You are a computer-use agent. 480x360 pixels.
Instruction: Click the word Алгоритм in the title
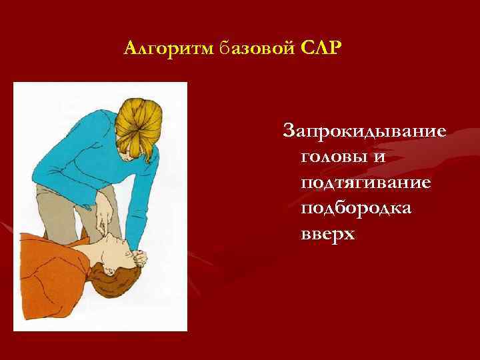(x=168, y=49)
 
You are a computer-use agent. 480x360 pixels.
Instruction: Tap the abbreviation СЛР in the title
(x=319, y=49)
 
